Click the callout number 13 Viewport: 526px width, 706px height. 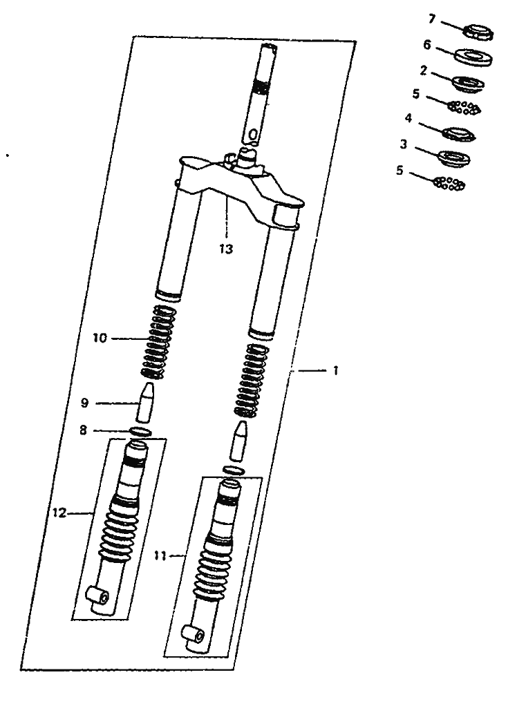(226, 249)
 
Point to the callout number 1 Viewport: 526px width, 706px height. (335, 371)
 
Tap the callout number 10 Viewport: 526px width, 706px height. (100, 338)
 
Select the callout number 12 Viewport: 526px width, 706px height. (59, 513)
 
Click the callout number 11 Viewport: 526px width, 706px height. (160, 557)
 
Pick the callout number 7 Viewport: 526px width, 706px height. (432, 19)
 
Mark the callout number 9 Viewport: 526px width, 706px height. (84, 403)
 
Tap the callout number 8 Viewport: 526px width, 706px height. (83, 430)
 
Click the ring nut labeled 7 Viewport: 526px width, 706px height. (479, 32)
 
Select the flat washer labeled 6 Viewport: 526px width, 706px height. (472, 57)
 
